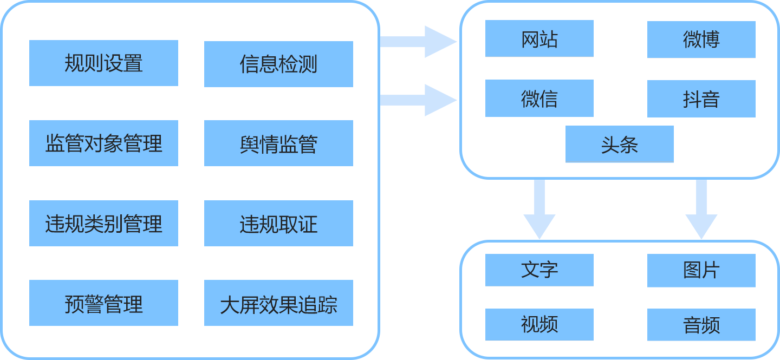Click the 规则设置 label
click(103, 63)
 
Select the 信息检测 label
click(278, 64)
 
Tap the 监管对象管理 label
click(103, 144)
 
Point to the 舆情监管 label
click(278, 145)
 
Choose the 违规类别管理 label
click(103, 224)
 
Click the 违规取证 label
click(278, 225)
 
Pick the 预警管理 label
click(103, 304)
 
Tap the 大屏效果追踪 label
click(278, 305)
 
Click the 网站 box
click(539, 38)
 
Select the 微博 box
click(701, 40)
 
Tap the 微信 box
click(539, 98)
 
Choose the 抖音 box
click(701, 99)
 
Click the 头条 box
click(619, 144)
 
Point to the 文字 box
click(539, 270)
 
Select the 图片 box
click(701, 271)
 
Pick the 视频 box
click(539, 324)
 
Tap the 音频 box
click(701, 325)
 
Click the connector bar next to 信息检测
click(419, 42)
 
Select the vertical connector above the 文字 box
click(539, 210)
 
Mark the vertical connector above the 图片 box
click(701, 210)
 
